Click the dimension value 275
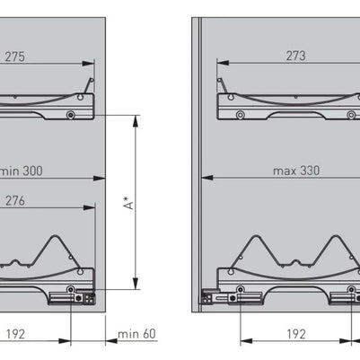click(14, 57)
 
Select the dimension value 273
click(295, 56)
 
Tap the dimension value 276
click(15, 201)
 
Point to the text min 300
click(21, 171)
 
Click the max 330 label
click(296, 171)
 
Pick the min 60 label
click(136, 334)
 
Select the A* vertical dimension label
click(129, 203)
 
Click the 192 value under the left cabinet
click(15, 334)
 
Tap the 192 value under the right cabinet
click(296, 334)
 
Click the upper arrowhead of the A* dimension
click(136, 121)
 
